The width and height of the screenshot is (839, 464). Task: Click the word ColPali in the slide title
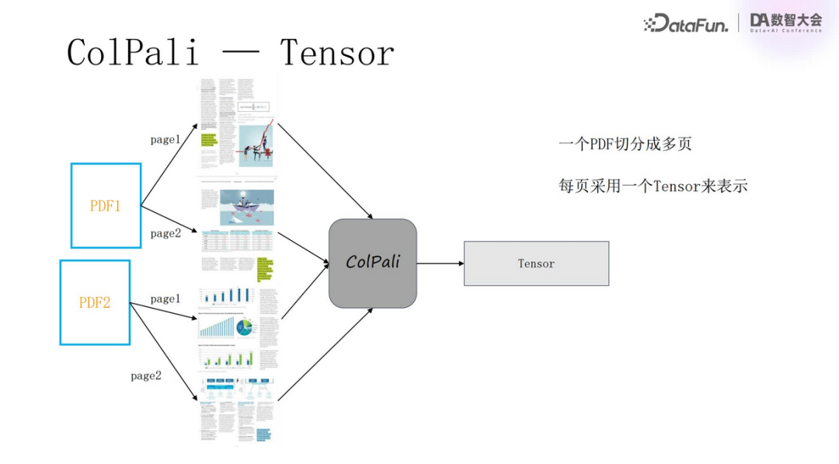click(x=133, y=53)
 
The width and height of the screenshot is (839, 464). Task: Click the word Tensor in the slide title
click(x=337, y=53)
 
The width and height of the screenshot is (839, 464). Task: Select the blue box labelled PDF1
click(x=106, y=205)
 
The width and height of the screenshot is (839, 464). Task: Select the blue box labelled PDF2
click(x=95, y=302)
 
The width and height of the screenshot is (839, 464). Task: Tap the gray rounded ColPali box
click(x=373, y=262)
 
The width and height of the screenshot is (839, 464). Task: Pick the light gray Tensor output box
click(x=536, y=263)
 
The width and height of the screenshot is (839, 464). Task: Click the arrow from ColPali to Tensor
click(x=440, y=263)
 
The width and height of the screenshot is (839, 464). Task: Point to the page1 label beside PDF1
click(x=165, y=140)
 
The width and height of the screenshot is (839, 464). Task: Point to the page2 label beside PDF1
click(x=165, y=233)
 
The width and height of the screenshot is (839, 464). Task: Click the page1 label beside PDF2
click(x=165, y=298)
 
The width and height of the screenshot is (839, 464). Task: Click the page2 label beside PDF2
click(x=146, y=375)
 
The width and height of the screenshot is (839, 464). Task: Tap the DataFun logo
click(x=686, y=24)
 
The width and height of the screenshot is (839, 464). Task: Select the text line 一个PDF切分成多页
click(x=625, y=144)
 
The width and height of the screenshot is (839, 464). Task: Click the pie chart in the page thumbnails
click(x=245, y=327)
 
